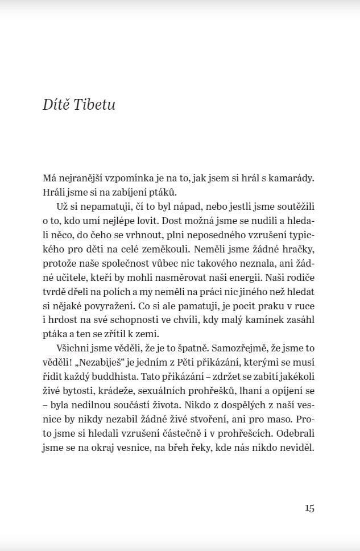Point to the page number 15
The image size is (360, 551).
point(309,508)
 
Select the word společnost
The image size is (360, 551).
point(119,263)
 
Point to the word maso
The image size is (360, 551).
point(276,420)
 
